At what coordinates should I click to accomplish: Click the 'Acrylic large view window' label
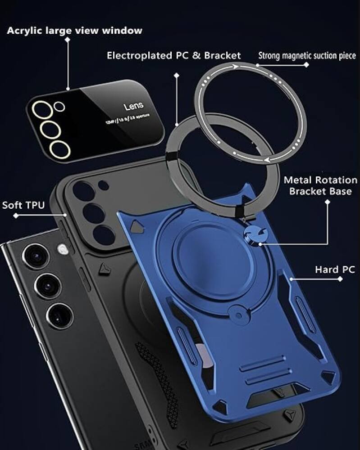(74, 31)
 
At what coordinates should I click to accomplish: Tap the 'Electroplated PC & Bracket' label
(173, 55)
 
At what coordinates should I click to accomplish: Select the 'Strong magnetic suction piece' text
(307, 56)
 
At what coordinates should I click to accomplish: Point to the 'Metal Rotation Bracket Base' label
(320, 185)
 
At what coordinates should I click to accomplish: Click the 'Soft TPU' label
(23, 205)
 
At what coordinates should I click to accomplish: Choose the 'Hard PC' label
(335, 270)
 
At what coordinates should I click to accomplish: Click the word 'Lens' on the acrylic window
(133, 107)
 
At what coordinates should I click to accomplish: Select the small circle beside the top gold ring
(59, 106)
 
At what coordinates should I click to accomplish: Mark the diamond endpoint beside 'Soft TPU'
(16, 216)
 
